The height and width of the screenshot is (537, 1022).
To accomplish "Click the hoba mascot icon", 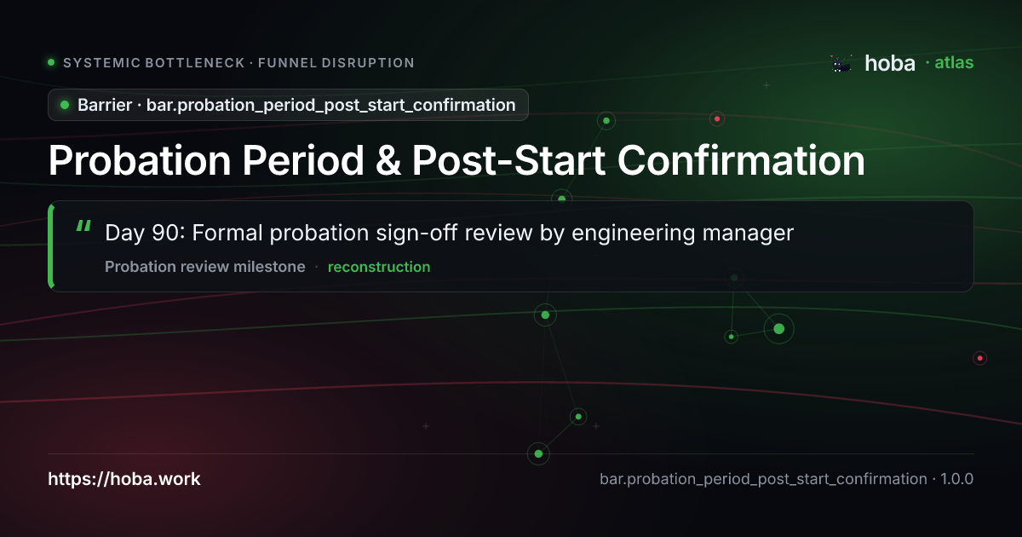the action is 841,63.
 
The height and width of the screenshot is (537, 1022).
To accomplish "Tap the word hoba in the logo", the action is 890,63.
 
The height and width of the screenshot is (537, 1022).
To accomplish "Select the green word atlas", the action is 954,62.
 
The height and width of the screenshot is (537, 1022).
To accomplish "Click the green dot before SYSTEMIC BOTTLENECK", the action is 52,62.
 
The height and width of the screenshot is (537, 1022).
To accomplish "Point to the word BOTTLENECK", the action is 195,62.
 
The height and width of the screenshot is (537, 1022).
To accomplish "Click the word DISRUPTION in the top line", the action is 368,62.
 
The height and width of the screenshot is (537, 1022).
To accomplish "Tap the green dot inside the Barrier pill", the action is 65,105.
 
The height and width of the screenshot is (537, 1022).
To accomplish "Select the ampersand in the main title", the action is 388,161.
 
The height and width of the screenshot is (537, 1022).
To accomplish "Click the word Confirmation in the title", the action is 741,161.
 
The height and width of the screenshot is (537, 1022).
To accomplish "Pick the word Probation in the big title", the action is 140,161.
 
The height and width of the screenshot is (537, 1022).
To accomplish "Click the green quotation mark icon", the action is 83,226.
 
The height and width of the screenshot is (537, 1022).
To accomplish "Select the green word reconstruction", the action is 379,267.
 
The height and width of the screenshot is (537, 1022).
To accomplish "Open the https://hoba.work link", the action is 124,479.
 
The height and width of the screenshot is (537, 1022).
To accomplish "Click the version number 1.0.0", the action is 956,479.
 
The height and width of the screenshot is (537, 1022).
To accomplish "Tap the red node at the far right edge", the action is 979,358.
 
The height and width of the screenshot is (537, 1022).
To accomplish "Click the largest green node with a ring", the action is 778,329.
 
